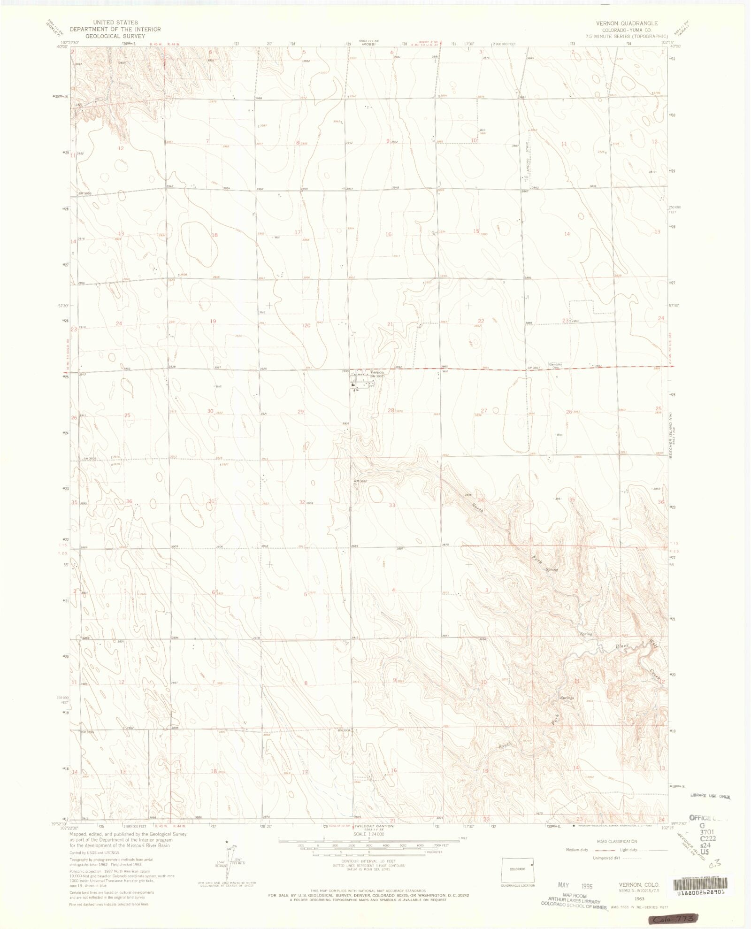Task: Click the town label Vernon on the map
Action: tap(376, 372)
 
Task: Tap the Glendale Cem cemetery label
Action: tap(555, 366)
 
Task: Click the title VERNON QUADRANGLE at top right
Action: tap(627, 23)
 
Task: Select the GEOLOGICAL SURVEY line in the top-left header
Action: tap(115, 36)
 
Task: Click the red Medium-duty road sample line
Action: tap(596, 850)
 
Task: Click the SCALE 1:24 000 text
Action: tap(369, 834)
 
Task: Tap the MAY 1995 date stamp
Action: tap(575, 885)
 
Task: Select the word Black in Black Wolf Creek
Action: tap(622, 646)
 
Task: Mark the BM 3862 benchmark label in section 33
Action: tap(360, 481)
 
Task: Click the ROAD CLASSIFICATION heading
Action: tap(617, 841)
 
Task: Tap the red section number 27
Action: tap(484, 410)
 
